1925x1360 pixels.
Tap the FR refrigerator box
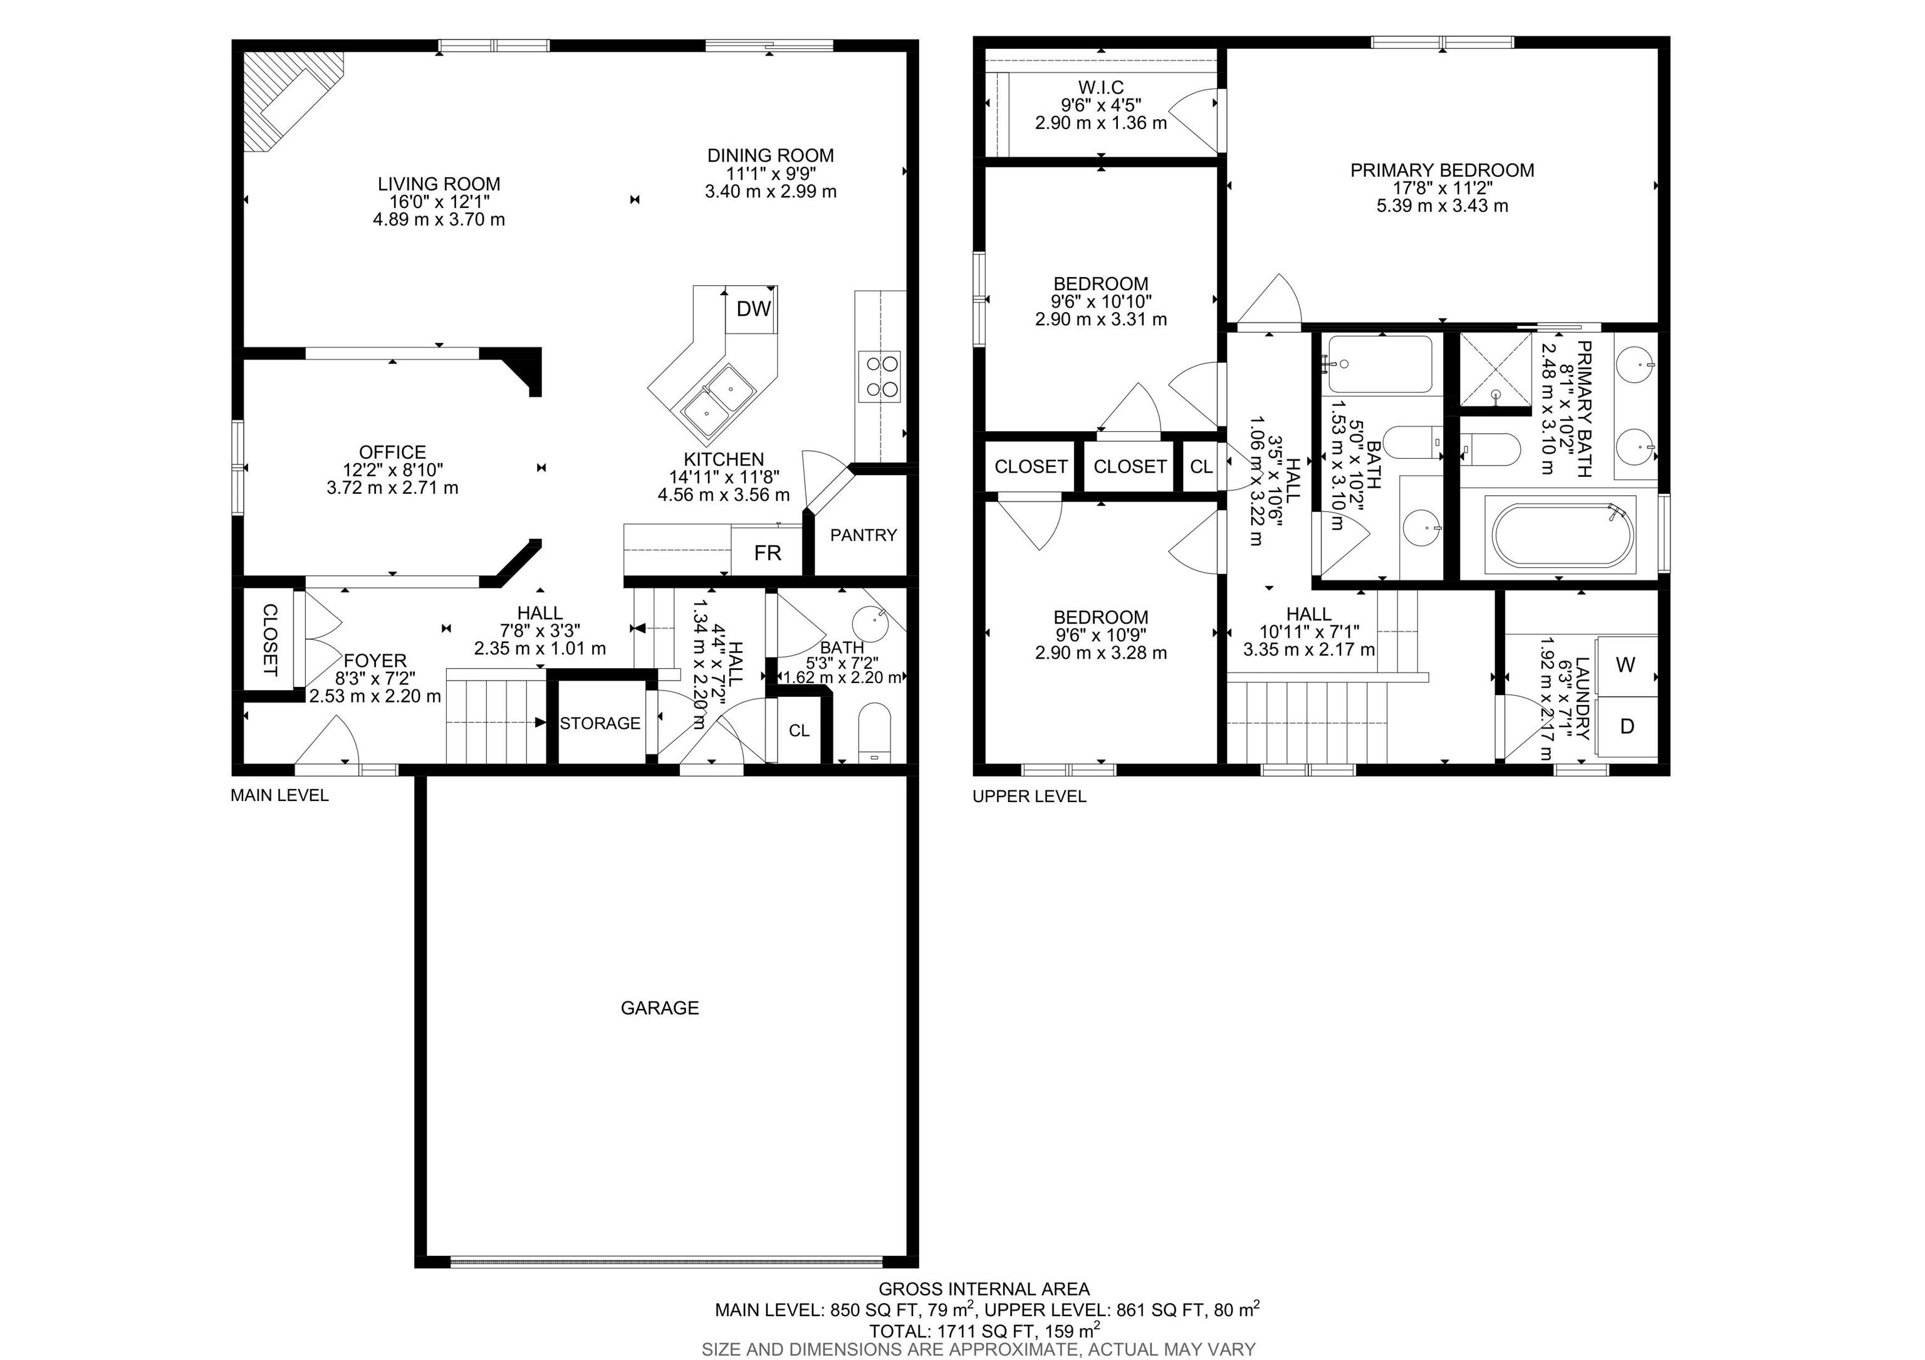[x=767, y=553]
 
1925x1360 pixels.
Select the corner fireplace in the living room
[x=290, y=97]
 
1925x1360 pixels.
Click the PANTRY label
[x=863, y=535]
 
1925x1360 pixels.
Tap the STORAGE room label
[x=600, y=723]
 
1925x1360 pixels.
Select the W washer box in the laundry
[x=1625, y=666]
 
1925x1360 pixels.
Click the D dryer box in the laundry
[x=1627, y=726]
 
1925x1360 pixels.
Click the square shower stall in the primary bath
[x=1496, y=369]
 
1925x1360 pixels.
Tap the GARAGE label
[x=660, y=1008]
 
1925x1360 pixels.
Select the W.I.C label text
[x=1101, y=87]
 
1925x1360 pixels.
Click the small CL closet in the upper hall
[x=1201, y=467]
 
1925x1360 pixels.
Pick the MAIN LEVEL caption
[x=279, y=795]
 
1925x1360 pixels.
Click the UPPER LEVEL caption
[x=1029, y=797]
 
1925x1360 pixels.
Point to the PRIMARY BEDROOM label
[x=1442, y=170]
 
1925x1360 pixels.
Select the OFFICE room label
[x=392, y=452]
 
